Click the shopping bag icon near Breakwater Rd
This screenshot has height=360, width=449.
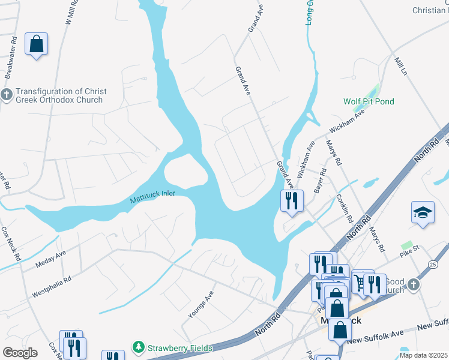[x=36, y=44]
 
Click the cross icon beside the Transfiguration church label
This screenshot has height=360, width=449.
[x=7, y=95]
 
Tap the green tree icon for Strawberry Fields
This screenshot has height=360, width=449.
[x=139, y=347]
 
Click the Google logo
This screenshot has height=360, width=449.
[x=20, y=353]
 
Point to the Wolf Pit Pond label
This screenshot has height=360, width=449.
[x=369, y=101]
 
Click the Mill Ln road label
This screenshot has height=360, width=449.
[x=400, y=65]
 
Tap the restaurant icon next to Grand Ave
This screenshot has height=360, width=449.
[x=292, y=200]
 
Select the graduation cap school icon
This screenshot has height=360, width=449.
[x=423, y=212]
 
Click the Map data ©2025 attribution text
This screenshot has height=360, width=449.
[x=423, y=355]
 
